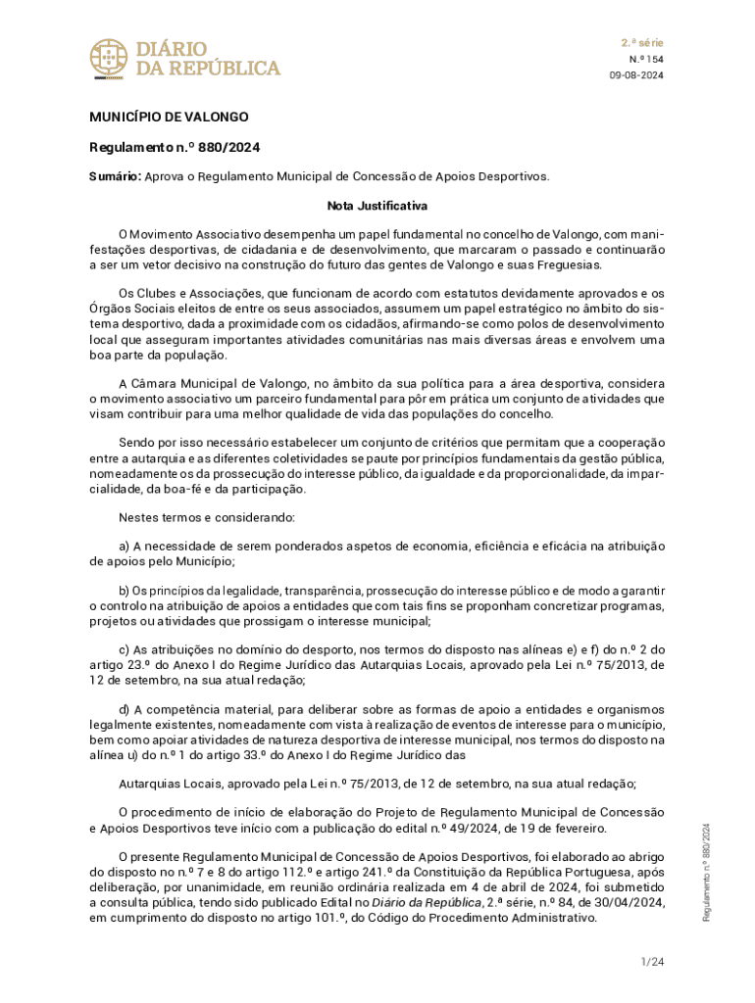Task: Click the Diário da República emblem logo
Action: pyautogui.click(x=108, y=59)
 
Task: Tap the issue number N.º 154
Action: pyautogui.click(x=646, y=60)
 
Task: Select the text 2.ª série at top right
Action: pyautogui.click(x=642, y=43)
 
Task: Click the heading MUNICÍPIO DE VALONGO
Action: pyautogui.click(x=169, y=117)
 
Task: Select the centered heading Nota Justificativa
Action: pyautogui.click(x=377, y=207)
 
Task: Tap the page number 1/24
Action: pyautogui.click(x=652, y=962)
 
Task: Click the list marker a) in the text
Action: pyautogui.click(x=125, y=547)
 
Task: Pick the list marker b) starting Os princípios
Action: pyautogui.click(x=125, y=591)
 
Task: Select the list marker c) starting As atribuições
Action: pyautogui.click(x=125, y=649)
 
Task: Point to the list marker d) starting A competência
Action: pyautogui.click(x=125, y=708)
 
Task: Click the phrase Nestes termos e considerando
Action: pyautogui.click(x=200, y=516)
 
